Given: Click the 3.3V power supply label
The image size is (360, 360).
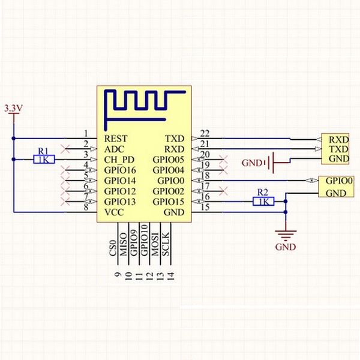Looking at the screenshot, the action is click(x=14, y=108).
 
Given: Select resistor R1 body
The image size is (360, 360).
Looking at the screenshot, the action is click(x=44, y=160).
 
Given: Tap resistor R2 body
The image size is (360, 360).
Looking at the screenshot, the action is click(x=263, y=202).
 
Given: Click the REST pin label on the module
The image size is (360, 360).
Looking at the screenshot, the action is click(x=116, y=139).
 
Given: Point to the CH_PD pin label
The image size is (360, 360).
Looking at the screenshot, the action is click(x=119, y=160).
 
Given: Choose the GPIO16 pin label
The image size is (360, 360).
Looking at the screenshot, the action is click(x=120, y=170).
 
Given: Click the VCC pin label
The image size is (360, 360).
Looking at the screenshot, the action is click(x=114, y=212).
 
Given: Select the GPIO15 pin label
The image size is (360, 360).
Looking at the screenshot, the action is click(x=169, y=202).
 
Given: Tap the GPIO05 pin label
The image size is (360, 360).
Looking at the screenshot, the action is click(x=169, y=160).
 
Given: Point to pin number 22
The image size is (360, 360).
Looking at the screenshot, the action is click(x=205, y=133).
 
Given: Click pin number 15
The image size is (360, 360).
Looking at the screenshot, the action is click(x=205, y=207).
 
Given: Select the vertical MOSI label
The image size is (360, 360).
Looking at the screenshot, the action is click(x=155, y=244).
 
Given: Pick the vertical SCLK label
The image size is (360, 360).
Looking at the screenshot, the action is click(x=166, y=244).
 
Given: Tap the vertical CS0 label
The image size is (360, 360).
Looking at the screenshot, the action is click(x=113, y=248).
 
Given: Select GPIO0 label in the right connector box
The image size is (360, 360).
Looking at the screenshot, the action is click(x=339, y=181).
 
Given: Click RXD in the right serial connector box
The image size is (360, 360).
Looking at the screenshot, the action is click(x=339, y=140).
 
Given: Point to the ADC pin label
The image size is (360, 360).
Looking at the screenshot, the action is click(x=114, y=149).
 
